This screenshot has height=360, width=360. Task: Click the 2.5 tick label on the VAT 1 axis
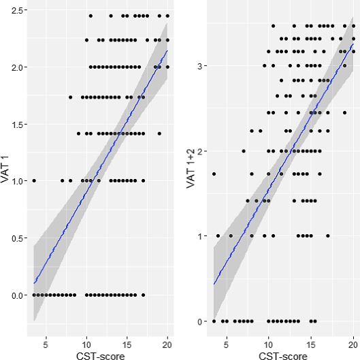[18, 10]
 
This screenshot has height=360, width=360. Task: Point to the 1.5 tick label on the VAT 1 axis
[18, 125]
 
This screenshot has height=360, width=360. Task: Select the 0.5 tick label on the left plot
[18, 238]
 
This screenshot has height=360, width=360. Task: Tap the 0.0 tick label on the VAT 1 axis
[18, 295]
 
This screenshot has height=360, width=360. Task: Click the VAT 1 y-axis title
[5, 169]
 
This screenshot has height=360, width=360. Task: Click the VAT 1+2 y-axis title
[191, 169]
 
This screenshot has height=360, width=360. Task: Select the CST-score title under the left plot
[100, 356]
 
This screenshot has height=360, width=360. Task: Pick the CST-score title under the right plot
[283, 356]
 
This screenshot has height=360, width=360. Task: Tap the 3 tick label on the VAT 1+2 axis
[200, 67]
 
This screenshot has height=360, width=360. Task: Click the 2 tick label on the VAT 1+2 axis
[200, 152]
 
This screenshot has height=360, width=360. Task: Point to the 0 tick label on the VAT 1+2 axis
[200, 322]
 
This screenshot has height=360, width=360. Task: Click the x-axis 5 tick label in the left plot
[46, 344]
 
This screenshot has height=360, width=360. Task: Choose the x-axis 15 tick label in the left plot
[127, 344]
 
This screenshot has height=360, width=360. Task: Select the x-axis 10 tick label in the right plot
[268, 344]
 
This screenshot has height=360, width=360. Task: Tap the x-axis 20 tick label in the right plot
[353, 344]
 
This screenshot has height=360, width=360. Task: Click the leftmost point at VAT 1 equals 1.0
[34, 181]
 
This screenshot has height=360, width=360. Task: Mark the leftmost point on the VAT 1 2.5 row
[91, 16]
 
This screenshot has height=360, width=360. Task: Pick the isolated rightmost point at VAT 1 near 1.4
[159, 133]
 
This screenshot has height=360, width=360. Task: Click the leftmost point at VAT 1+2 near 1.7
[214, 174]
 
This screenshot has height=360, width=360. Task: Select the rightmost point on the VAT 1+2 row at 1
[328, 235]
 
